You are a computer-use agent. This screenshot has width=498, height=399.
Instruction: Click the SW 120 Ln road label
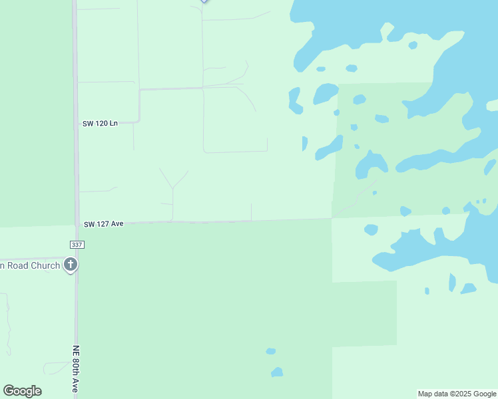(x=100, y=123)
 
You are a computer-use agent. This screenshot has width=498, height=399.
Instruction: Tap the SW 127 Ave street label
(x=103, y=224)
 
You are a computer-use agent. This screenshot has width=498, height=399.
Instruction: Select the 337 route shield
(x=77, y=245)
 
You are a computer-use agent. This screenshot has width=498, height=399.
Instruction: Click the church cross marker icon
(x=71, y=265)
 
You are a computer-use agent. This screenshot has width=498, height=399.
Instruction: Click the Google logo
(x=22, y=391)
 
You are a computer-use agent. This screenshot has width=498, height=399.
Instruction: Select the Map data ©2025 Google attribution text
(x=457, y=394)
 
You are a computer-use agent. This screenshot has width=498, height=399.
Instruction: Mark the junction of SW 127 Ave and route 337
(x=77, y=225)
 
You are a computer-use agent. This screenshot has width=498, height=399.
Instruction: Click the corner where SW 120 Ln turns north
(x=139, y=121)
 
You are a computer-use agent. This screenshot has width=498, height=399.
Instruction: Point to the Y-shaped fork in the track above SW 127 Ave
(x=173, y=188)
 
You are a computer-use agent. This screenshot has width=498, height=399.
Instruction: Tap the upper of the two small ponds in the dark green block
(x=270, y=351)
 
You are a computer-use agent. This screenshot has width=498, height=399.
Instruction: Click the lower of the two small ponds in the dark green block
(x=277, y=372)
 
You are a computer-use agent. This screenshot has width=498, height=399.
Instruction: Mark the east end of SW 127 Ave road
(x=332, y=218)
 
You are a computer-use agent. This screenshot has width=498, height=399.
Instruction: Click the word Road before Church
(x=19, y=266)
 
